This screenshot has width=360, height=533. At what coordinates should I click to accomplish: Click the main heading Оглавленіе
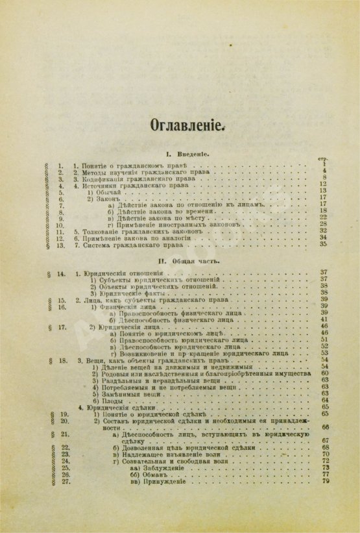point(187,124)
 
